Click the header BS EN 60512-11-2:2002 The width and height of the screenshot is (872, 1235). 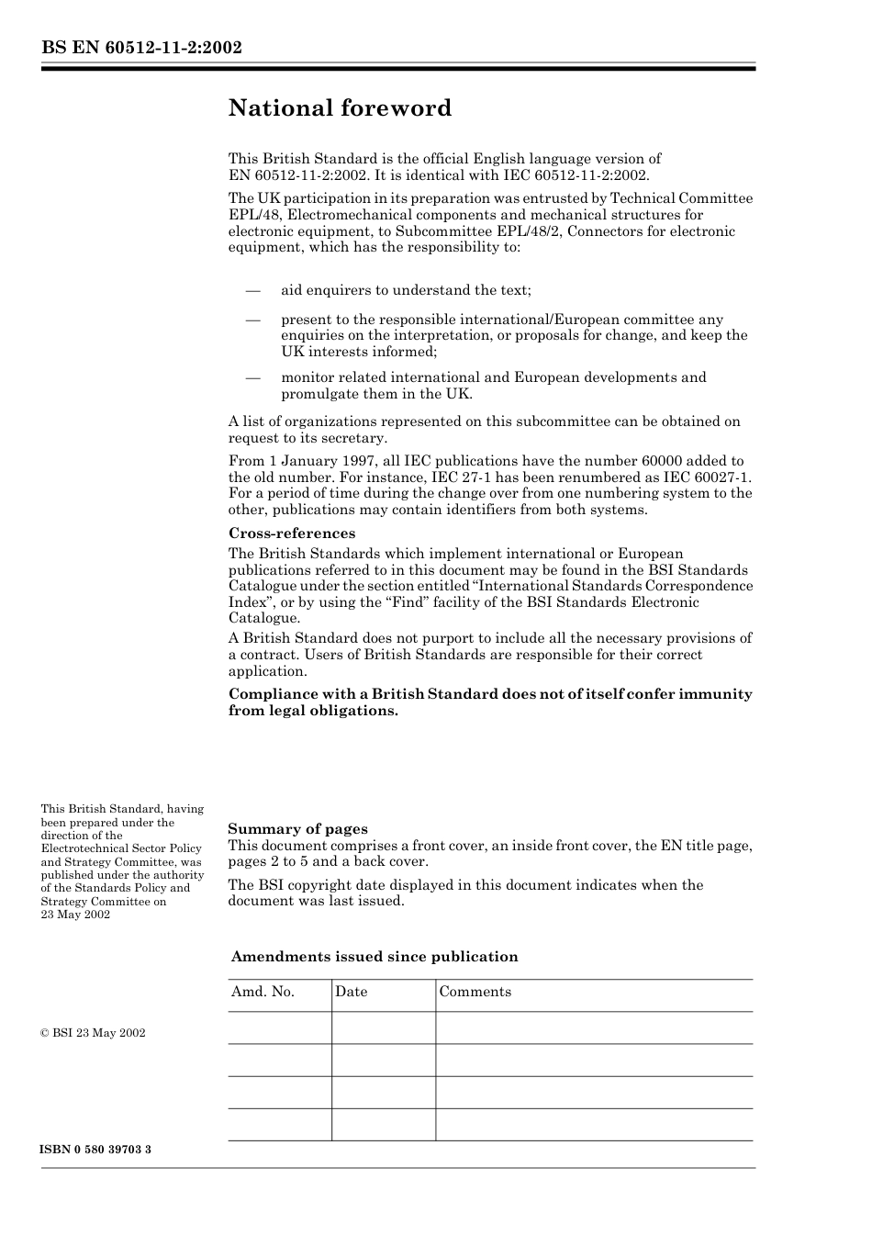coord(140,48)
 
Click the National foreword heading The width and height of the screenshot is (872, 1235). coord(340,108)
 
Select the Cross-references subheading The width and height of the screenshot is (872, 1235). coord(291,533)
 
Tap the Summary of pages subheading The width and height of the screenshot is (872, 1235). coord(297,829)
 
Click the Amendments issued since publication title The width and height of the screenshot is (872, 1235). coord(374,957)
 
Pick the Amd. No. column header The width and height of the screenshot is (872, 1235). coord(263,992)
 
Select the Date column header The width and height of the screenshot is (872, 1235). coord(351,992)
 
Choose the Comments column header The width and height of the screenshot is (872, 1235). coord(475,992)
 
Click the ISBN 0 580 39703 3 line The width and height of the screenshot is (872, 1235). coord(95,1150)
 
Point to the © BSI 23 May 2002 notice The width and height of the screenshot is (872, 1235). coord(93,1033)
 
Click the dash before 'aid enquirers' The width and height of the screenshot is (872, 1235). coord(252,290)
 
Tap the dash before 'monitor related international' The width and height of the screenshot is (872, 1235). coord(252,377)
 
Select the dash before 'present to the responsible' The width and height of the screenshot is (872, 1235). coord(252,320)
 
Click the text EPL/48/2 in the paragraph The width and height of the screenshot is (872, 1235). coord(535,231)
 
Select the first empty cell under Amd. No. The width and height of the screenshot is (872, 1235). coord(279,1027)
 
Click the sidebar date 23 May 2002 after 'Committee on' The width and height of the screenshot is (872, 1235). coord(75,915)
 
